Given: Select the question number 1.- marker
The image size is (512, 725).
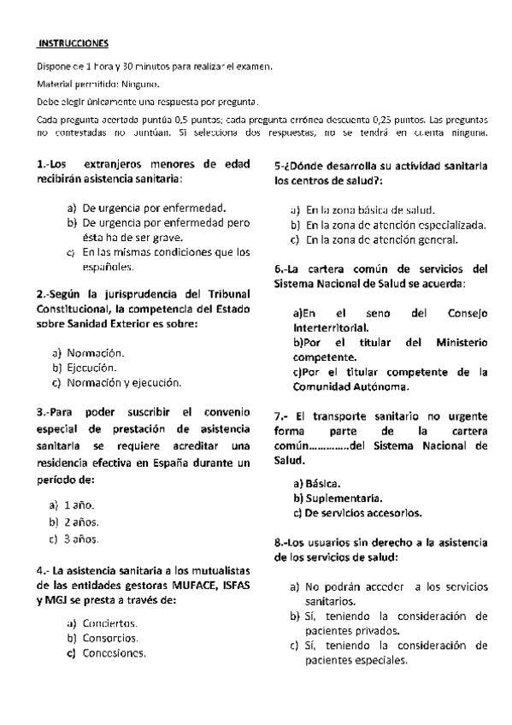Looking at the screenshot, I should tap(47, 164).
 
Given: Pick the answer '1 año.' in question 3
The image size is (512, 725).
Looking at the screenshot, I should tap(79, 505).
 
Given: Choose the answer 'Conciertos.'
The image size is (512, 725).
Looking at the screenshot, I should tap(110, 622).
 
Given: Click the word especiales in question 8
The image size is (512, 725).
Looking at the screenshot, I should tap(377, 661).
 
